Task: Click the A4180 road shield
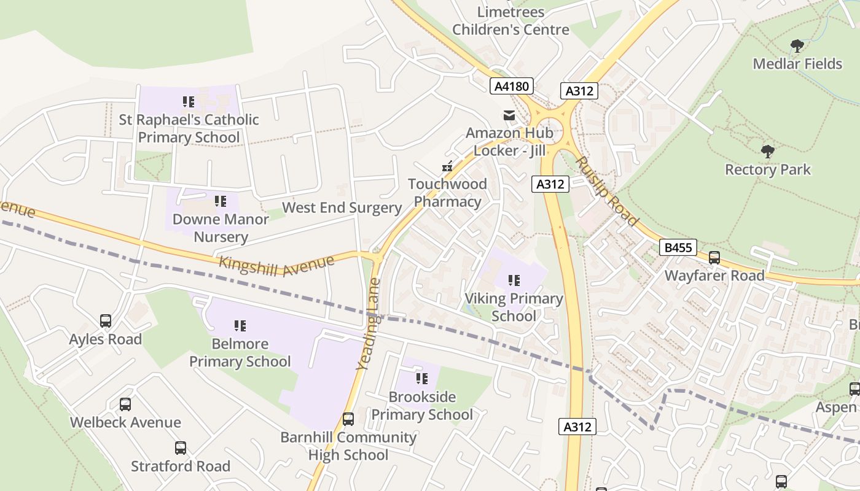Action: point(512,87)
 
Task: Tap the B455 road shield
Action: point(679,248)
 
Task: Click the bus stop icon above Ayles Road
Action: point(106,321)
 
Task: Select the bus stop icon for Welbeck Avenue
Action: point(125,404)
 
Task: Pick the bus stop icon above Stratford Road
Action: point(180,448)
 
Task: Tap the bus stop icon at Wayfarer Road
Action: point(714,258)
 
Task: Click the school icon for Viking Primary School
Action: point(514,280)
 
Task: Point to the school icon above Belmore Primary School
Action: point(240,326)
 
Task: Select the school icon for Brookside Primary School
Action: point(421,379)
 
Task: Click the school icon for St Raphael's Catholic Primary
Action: point(189,101)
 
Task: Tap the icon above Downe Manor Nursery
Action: point(221,201)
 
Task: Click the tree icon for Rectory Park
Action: point(767,151)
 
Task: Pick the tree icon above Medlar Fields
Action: point(797,45)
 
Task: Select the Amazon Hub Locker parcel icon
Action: point(509,115)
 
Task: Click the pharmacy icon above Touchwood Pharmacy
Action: point(448,166)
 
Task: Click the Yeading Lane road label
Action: point(369,324)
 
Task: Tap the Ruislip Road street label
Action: point(607,190)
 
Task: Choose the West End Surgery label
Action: point(342,207)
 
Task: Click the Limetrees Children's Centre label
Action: point(511,21)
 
